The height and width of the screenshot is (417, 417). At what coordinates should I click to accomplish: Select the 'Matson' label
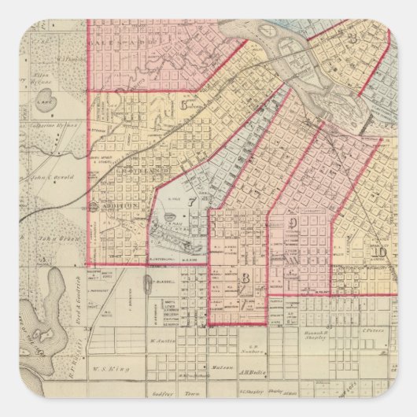point(216,367)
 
